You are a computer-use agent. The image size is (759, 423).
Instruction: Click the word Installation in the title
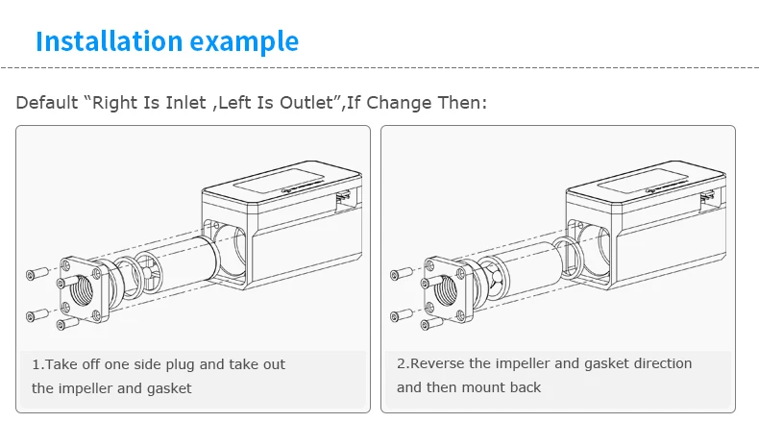pos(110,41)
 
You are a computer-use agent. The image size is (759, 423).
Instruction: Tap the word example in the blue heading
pos(244,42)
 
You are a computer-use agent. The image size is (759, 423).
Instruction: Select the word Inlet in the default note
pos(185,103)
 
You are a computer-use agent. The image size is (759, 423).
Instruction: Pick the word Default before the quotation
pos(46,103)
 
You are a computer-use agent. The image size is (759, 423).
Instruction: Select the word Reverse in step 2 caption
pos(437,363)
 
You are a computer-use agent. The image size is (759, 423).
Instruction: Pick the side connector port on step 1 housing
pos(343,201)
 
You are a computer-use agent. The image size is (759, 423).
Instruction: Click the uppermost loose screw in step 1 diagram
pos(37,273)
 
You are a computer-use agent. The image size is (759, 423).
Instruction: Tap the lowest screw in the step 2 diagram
pos(432,323)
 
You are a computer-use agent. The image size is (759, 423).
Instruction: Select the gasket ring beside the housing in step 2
pos(568,259)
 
